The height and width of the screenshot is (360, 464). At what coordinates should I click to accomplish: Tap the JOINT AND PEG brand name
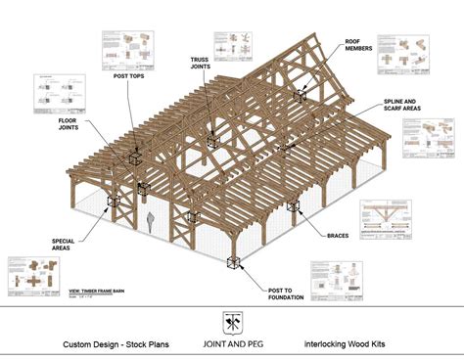(x=232, y=344)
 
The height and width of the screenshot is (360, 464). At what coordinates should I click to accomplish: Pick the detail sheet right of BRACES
(x=397, y=219)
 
